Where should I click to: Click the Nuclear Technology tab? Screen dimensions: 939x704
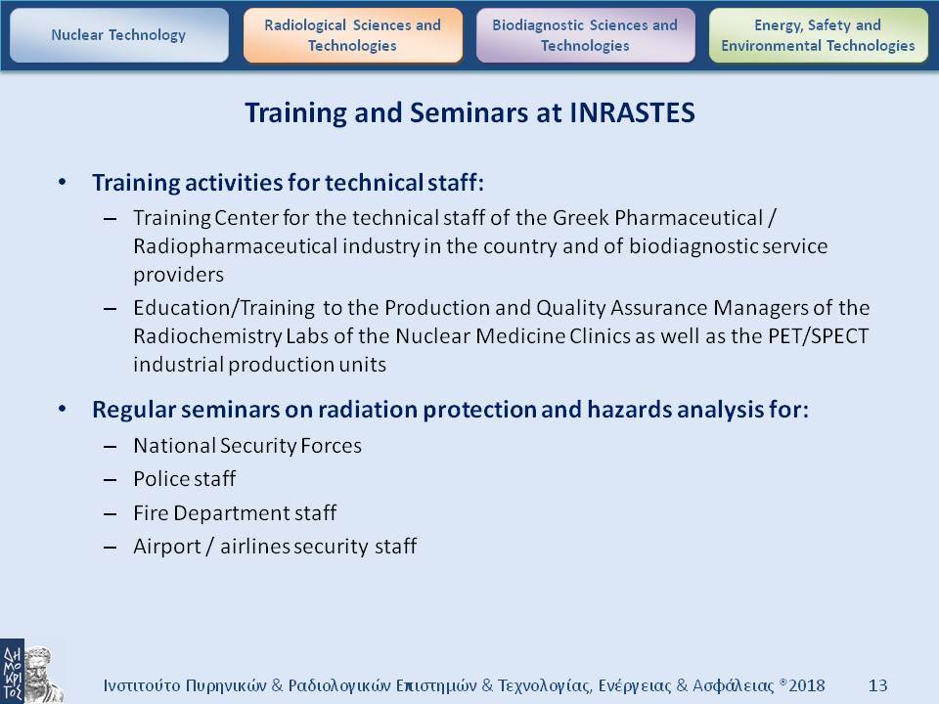(118, 35)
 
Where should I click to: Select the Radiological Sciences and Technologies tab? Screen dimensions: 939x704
(353, 35)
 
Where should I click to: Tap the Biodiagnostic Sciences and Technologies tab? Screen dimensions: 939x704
(585, 35)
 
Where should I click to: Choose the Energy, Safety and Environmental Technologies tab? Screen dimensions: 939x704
(818, 35)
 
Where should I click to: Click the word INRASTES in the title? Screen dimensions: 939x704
(633, 112)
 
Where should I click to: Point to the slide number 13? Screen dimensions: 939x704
(877, 685)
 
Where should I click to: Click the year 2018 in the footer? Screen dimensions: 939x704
(807, 685)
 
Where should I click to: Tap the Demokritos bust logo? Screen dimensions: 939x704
(32, 672)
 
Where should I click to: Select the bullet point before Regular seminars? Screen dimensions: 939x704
(63, 410)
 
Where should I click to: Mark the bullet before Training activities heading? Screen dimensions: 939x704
(63, 182)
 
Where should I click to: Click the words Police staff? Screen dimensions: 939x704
(185, 479)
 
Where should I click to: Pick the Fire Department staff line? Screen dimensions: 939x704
(235, 513)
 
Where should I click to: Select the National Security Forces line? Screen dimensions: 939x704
(247, 446)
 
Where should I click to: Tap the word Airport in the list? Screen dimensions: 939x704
(167, 547)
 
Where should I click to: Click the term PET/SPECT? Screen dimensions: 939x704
(818, 335)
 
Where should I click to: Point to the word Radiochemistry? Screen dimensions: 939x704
(207, 335)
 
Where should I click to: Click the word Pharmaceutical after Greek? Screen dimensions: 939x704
(689, 218)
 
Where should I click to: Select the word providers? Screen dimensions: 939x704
(178, 275)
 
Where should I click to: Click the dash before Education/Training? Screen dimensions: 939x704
(110, 309)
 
